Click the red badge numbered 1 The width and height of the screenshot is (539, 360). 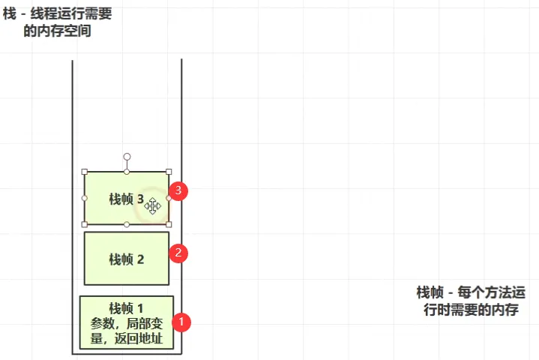tap(181, 322)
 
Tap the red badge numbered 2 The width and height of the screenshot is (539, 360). tap(178, 253)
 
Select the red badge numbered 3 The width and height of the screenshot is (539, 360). tap(178, 190)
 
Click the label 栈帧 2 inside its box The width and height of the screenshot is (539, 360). tap(126, 259)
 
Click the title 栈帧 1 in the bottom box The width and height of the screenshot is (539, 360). tap(126, 308)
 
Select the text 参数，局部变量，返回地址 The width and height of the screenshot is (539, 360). tap(126, 331)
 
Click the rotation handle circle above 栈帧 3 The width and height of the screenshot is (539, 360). tap(127, 157)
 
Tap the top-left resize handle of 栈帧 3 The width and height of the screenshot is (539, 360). tap(85, 172)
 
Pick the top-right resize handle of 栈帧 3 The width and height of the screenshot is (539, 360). tap(169, 172)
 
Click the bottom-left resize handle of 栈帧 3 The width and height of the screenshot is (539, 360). tap(85, 224)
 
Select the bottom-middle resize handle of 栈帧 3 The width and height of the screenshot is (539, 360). tap(127, 224)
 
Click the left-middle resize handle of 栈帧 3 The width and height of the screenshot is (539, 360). tap(85, 198)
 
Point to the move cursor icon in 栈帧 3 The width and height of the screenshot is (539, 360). tap(153, 205)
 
